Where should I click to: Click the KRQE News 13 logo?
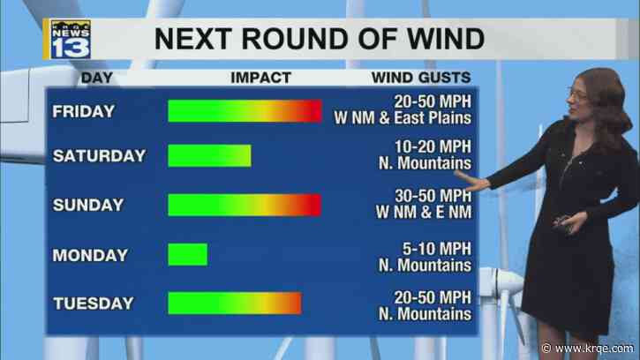point(75,36)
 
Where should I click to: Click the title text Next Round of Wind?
point(320,39)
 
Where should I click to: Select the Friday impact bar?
point(245,111)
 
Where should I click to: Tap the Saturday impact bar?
point(209,156)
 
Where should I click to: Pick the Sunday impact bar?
point(245,205)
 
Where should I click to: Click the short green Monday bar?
point(187,254)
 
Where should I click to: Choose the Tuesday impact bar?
point(234,303)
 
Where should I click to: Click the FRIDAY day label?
point(84,111)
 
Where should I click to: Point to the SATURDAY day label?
point(99,156)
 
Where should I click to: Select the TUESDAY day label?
point(93,304)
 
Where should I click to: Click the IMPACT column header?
point(260,78)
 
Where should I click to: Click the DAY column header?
point(97,78)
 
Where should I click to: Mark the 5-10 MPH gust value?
point(436,248)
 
